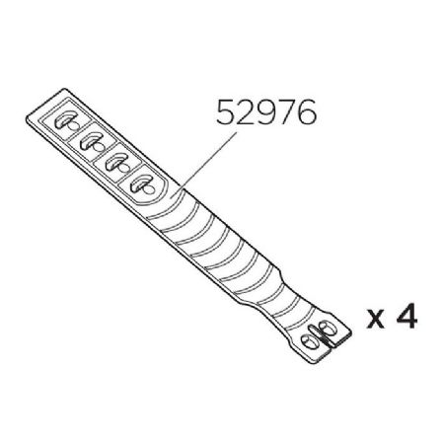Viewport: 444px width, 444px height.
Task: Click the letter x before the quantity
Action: pyautogui.click(x=376, y=321)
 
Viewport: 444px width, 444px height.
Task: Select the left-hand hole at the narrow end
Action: pyautogui.click(x=307, y=339)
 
